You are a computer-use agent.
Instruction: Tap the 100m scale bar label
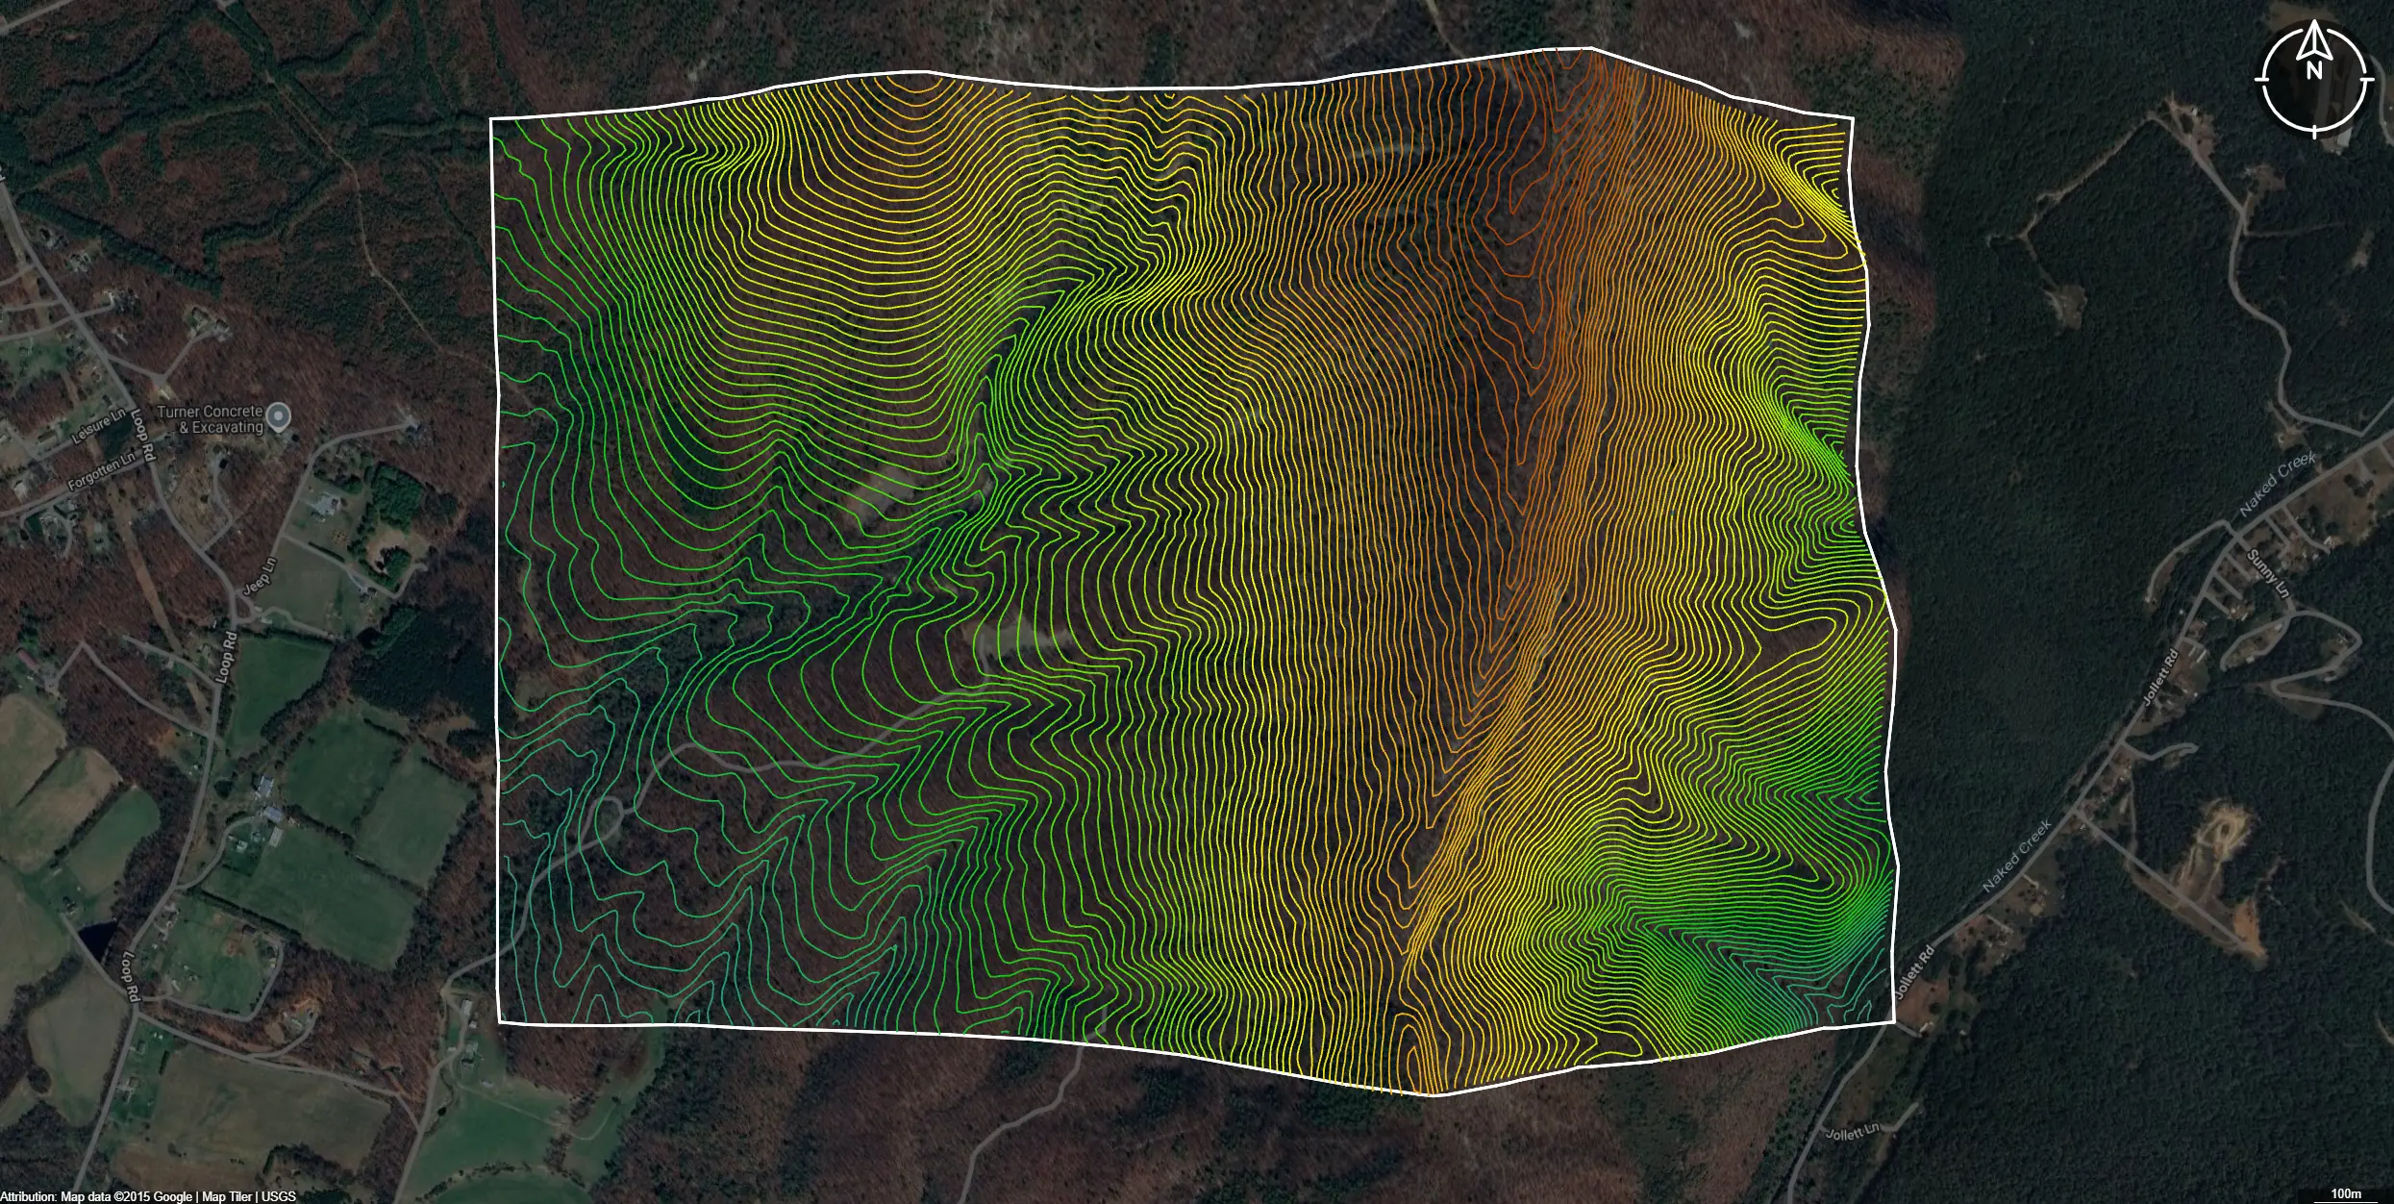pyautogui.click(x=2346, y=1193)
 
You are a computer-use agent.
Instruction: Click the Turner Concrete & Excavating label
pyautogui.click(x=210, y=419)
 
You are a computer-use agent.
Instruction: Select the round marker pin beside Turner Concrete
pyautogui.click(x=279, y=416)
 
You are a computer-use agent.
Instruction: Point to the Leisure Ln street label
pyautogui.click(x=99, y=426)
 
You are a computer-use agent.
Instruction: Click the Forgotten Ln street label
pyautogui.click(x=102, y=470)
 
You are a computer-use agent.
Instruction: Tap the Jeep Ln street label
pyautogui.click(x=261, y=575)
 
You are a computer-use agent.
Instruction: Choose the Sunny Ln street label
pyautogui.click(x=2267, y=572)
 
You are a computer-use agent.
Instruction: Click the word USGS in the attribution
pyautogui.click(x=279, y=1196)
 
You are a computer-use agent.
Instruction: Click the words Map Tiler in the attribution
pyautogui.click(x=227, y=1196)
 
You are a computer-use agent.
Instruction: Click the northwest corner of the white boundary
pyautogui.click(x=491, y=119)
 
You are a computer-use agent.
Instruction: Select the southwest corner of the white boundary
pyautogui.click(x=500, y=1022)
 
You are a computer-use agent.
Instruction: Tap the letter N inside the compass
pyautogui.click(x=2314, y=70)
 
